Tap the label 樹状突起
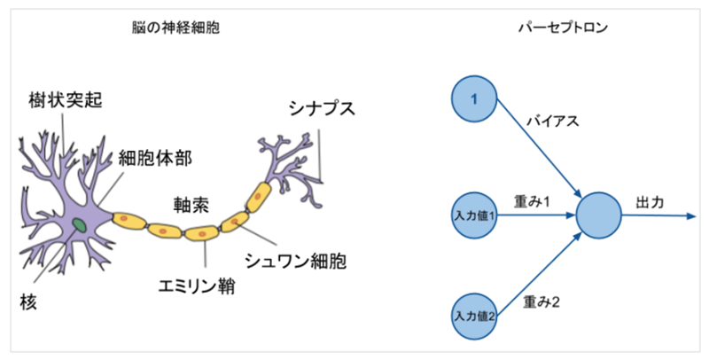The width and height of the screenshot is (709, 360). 65,100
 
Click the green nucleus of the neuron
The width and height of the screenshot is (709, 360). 80,224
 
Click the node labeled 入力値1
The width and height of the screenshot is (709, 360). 475,215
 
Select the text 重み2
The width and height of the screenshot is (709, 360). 541,301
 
